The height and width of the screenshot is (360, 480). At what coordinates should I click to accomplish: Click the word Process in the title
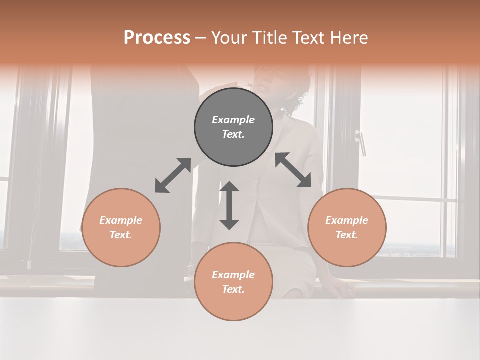click(x=157, y=38)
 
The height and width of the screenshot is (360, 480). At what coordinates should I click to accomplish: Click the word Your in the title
click(x=228, y=38)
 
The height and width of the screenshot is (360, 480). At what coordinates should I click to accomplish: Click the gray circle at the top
click(x=233, y=127)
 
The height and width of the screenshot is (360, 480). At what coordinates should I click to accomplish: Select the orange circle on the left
click(x=121, y=227)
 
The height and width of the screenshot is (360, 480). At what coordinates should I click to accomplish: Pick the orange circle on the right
click(x=347, y=227)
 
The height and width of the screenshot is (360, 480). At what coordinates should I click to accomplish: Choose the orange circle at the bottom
click(x=233, y=282)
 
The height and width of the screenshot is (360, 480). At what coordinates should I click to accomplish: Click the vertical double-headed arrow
click(x=229, y=205)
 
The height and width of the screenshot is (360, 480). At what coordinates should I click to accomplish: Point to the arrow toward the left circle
click(x=173, y=175)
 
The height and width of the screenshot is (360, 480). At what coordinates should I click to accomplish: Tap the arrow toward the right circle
click(x=293, y=170)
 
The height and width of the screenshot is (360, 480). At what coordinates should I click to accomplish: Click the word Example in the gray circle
click(x=233, y=120)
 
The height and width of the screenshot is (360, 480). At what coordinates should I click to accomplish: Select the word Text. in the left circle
click(x=121, y=235)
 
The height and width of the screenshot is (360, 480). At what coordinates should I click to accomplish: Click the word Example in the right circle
click(x=347, y=220)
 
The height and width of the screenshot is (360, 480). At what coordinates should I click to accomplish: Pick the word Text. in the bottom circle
click(x=233, y=289)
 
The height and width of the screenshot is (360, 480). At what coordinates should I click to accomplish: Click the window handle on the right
click(x=361, y=143)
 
